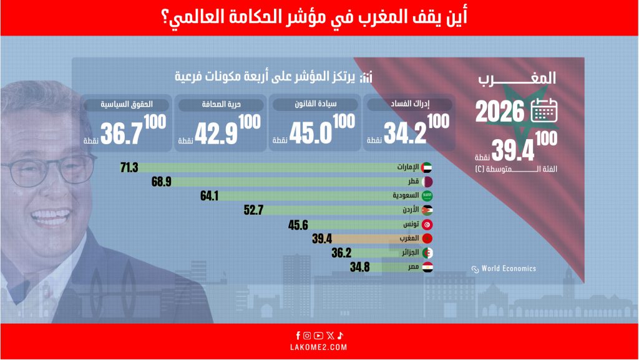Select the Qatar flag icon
click(x=427, y=182)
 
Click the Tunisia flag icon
click(x=427, y=225)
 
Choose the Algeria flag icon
click(x=427, y=253)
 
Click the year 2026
click(x=500, y=112)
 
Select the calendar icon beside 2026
click(x=544, y=111)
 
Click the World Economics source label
click(x=508, y=269)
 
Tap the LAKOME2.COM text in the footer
click(x=319, y=347)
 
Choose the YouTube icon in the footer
click(x=318, y=336)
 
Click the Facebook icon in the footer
click(x=298, y=336)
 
